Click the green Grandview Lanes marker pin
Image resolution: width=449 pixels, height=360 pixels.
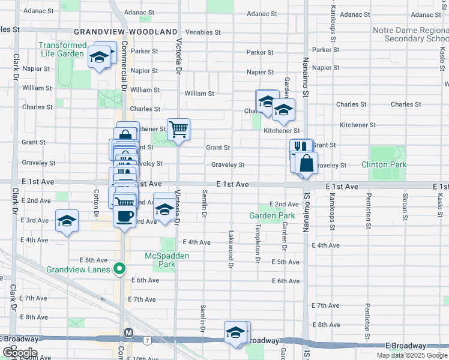tap(119, 268)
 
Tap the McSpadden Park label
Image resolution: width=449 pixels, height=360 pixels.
tap(167, 260)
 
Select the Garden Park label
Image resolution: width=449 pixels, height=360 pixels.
tap(272, 215)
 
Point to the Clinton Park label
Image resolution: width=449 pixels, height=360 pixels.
tap(384, 164)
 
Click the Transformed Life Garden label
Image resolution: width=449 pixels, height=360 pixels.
tap(62, 49)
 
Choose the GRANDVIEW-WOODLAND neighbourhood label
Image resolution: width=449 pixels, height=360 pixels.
tap(125, 32)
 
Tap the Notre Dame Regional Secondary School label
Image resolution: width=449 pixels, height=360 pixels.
tap(410, 34)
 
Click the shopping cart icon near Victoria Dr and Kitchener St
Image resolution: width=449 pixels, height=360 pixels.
tap(178, 129)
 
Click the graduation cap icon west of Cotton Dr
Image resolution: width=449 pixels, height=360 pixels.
tap(67, 220)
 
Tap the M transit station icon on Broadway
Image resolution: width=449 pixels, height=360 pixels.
tap(128, 332)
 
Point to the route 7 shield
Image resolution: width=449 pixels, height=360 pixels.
tap(146, 340)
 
